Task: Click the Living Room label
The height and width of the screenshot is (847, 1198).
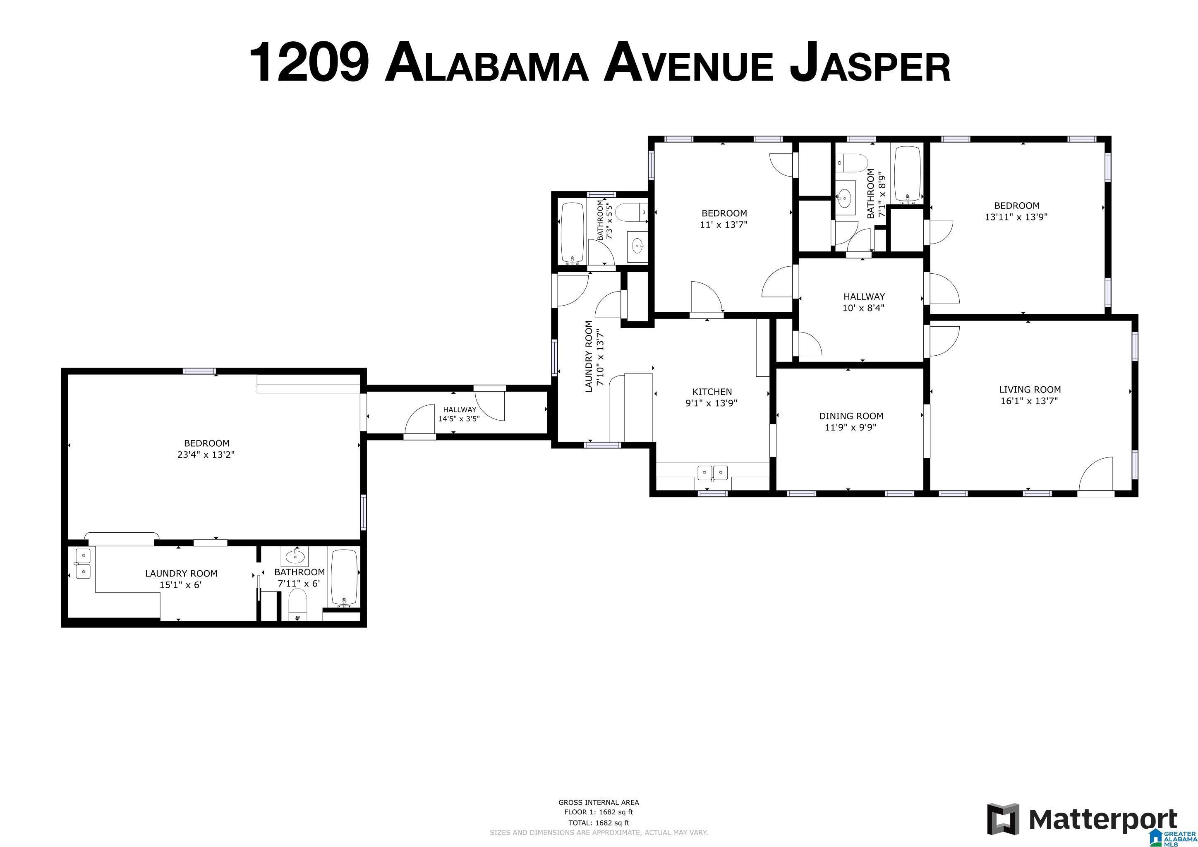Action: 1030,389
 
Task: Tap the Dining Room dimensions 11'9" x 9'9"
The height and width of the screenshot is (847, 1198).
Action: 851,428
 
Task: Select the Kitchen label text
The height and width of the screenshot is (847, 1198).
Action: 712,392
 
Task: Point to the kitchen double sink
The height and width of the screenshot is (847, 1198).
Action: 713,473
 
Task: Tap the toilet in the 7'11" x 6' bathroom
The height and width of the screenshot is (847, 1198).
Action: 298,605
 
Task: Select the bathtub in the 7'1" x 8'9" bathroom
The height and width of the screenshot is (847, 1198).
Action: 908,174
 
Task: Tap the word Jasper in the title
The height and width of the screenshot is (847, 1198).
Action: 870,63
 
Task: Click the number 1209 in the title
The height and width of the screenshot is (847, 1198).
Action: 309,63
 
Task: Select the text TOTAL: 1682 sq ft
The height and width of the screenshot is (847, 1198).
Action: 599,823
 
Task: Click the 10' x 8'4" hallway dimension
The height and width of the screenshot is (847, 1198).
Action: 863,308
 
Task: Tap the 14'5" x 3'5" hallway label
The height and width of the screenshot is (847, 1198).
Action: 459,414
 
